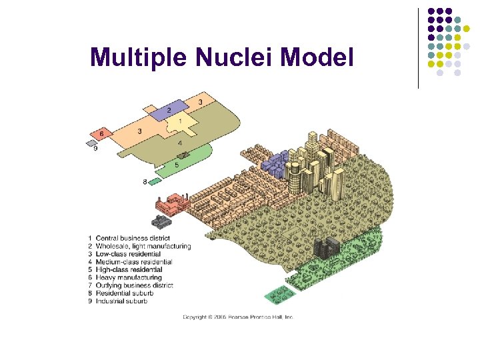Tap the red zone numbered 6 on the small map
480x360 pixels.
click(101, 134)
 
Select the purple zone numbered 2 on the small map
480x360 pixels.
click(169, 110)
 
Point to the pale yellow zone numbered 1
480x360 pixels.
click(180, 123)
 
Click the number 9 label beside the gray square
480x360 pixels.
click(95, 149)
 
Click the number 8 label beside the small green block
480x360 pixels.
click(145, 181)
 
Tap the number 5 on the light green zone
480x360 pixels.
click(177, 165)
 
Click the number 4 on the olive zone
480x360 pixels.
click(180, 143)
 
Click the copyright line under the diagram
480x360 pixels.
click(238, 317)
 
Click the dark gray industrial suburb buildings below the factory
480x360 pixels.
click(161, 221)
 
